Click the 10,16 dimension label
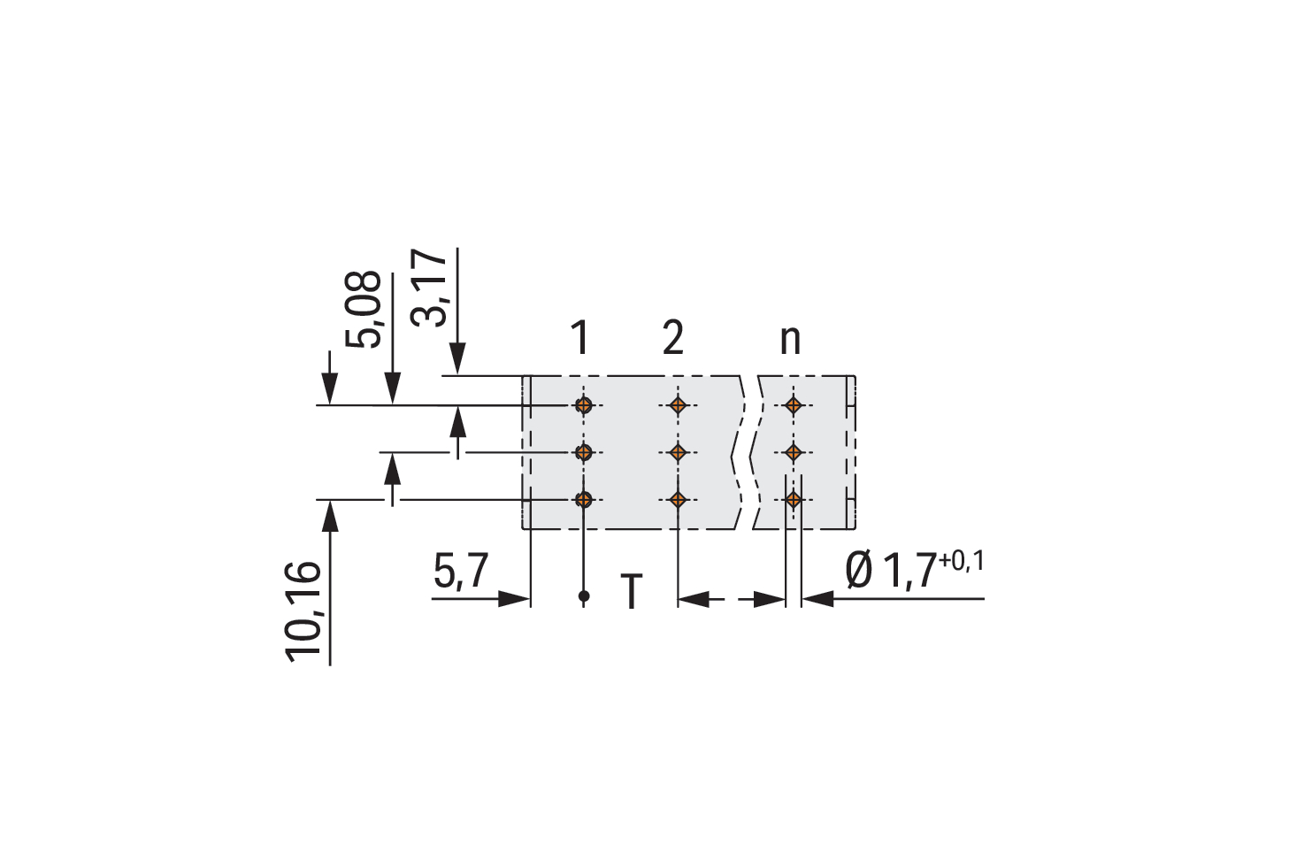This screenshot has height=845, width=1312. [x=303, y=611]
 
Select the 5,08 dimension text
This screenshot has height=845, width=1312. [x=363, y=310]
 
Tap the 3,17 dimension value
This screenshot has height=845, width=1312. [x=428, y=288]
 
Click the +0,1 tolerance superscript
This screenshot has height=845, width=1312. [x=961, y=561]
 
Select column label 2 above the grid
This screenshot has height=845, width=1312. [x=673, y=337]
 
